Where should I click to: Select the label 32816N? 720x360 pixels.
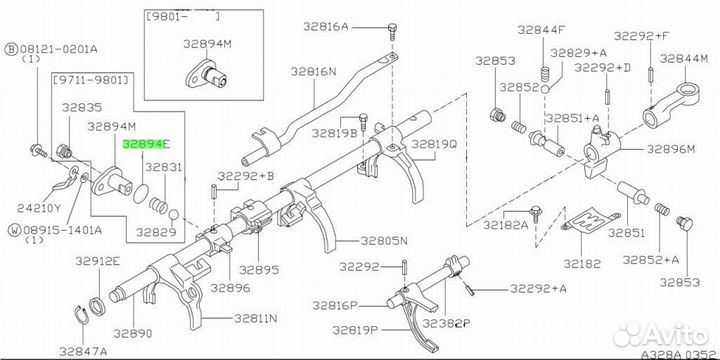[313, 72]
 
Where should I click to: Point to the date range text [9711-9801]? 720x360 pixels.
[92, 81]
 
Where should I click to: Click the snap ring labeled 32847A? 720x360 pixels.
[82, 316]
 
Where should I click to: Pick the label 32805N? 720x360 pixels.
[383, 240]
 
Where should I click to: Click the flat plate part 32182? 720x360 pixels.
[591, 224]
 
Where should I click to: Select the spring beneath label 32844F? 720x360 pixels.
[546, 73]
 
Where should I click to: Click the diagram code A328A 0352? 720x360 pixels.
[680, 354]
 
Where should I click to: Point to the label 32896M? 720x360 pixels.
[671, 149]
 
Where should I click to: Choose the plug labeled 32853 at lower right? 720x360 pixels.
[685, 224]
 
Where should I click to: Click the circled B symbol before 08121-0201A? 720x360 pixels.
[11, 49]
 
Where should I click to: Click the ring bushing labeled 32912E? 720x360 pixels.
[97, 306]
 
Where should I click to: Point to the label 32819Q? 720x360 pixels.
[434, 144]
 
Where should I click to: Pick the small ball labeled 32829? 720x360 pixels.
[173, 215]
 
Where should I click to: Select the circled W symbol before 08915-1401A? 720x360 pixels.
[15, 230]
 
